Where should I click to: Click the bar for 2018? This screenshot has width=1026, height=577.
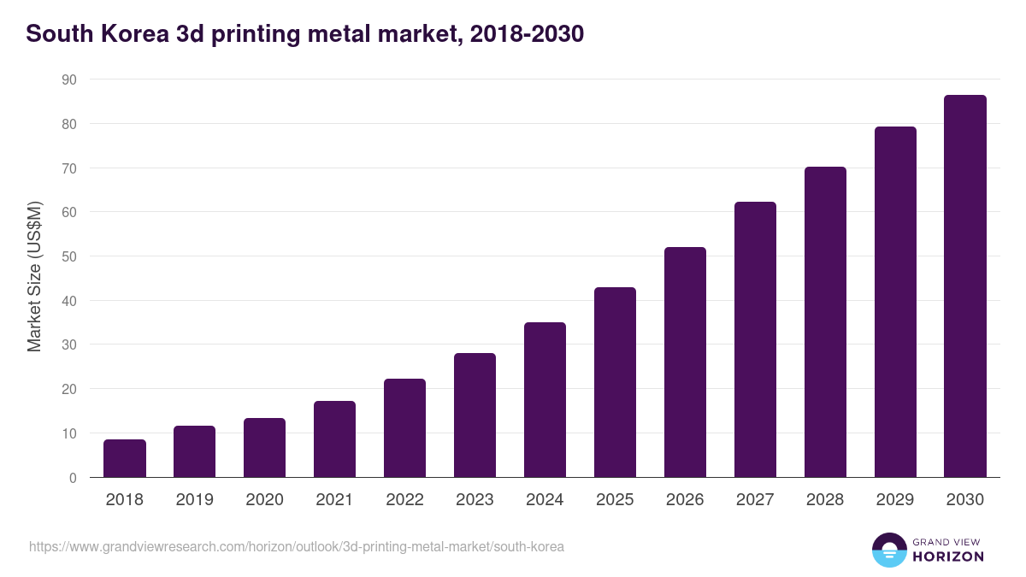click(125, 458)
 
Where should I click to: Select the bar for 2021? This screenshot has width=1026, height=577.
click(335, 439)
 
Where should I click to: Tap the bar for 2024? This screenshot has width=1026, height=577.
click(545, 400)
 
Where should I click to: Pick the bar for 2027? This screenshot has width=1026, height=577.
click(755, 339)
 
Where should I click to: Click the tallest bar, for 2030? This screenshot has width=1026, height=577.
click(965, 286)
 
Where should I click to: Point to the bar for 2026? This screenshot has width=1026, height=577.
click(685, 362)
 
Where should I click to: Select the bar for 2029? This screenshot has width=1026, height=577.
click(895, 302)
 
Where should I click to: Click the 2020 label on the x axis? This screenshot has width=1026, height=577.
click(265, 500)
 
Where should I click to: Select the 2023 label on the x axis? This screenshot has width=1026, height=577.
click(475, 500)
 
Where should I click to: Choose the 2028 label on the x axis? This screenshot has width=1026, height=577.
click(825, 500)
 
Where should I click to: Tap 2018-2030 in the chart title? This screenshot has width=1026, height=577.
click(527, 34)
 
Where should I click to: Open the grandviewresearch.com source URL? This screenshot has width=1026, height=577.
click(297, 546)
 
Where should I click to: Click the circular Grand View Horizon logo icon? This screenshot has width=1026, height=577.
click(889, 550)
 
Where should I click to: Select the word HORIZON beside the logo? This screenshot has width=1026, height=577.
click(948, 556)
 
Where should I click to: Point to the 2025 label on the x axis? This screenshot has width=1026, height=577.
click(615, 500)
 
